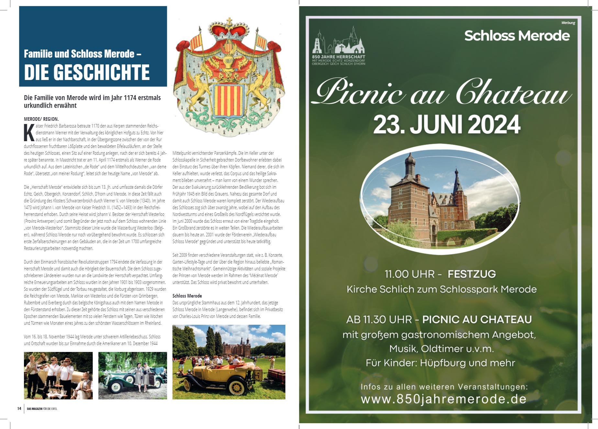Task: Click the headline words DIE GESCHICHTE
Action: point(87,72)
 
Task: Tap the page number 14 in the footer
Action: point(19,408)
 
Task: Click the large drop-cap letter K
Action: point(29,133)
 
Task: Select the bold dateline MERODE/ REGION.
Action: point(41,119)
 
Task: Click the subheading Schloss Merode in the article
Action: point(187,296)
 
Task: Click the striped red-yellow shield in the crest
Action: point(228,101)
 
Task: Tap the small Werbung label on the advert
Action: point(568,23)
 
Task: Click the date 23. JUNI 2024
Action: point(447,124)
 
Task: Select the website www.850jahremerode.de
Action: point(443,399)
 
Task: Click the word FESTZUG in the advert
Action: point(471,274)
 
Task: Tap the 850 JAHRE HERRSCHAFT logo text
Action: point(338,57)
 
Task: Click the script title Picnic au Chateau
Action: point(442,92)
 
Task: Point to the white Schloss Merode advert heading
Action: point(517,36)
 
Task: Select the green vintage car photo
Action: point(133,376)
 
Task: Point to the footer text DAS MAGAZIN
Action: point(34,409)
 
